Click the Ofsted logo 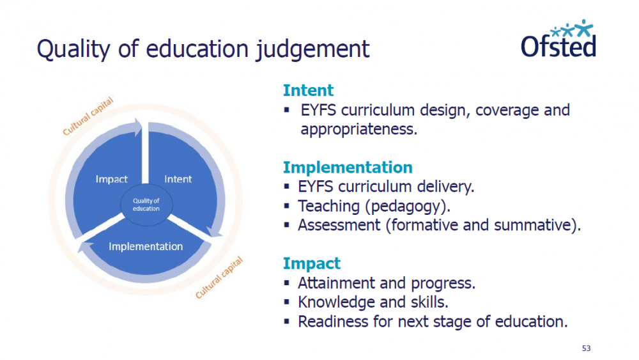tap(558, 39)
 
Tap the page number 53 tap(586, 348)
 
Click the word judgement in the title tap(312, 50)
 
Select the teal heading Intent tap(308, 90)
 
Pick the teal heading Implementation tap(348, 167)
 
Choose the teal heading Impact tap(311, 263)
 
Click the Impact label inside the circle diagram tap(111, 180)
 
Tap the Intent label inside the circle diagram tap(178, 179)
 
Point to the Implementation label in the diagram tap(146, 247)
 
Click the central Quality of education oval tap(146, 205)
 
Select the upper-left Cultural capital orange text tap(88, 116)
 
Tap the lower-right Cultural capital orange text tap(219, 278)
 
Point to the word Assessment tap(339, 225)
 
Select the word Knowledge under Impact tap(337, 302)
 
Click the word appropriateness tap(358, 130)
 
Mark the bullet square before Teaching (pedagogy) tap(287, 207)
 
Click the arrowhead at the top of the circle tap(138, 127)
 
